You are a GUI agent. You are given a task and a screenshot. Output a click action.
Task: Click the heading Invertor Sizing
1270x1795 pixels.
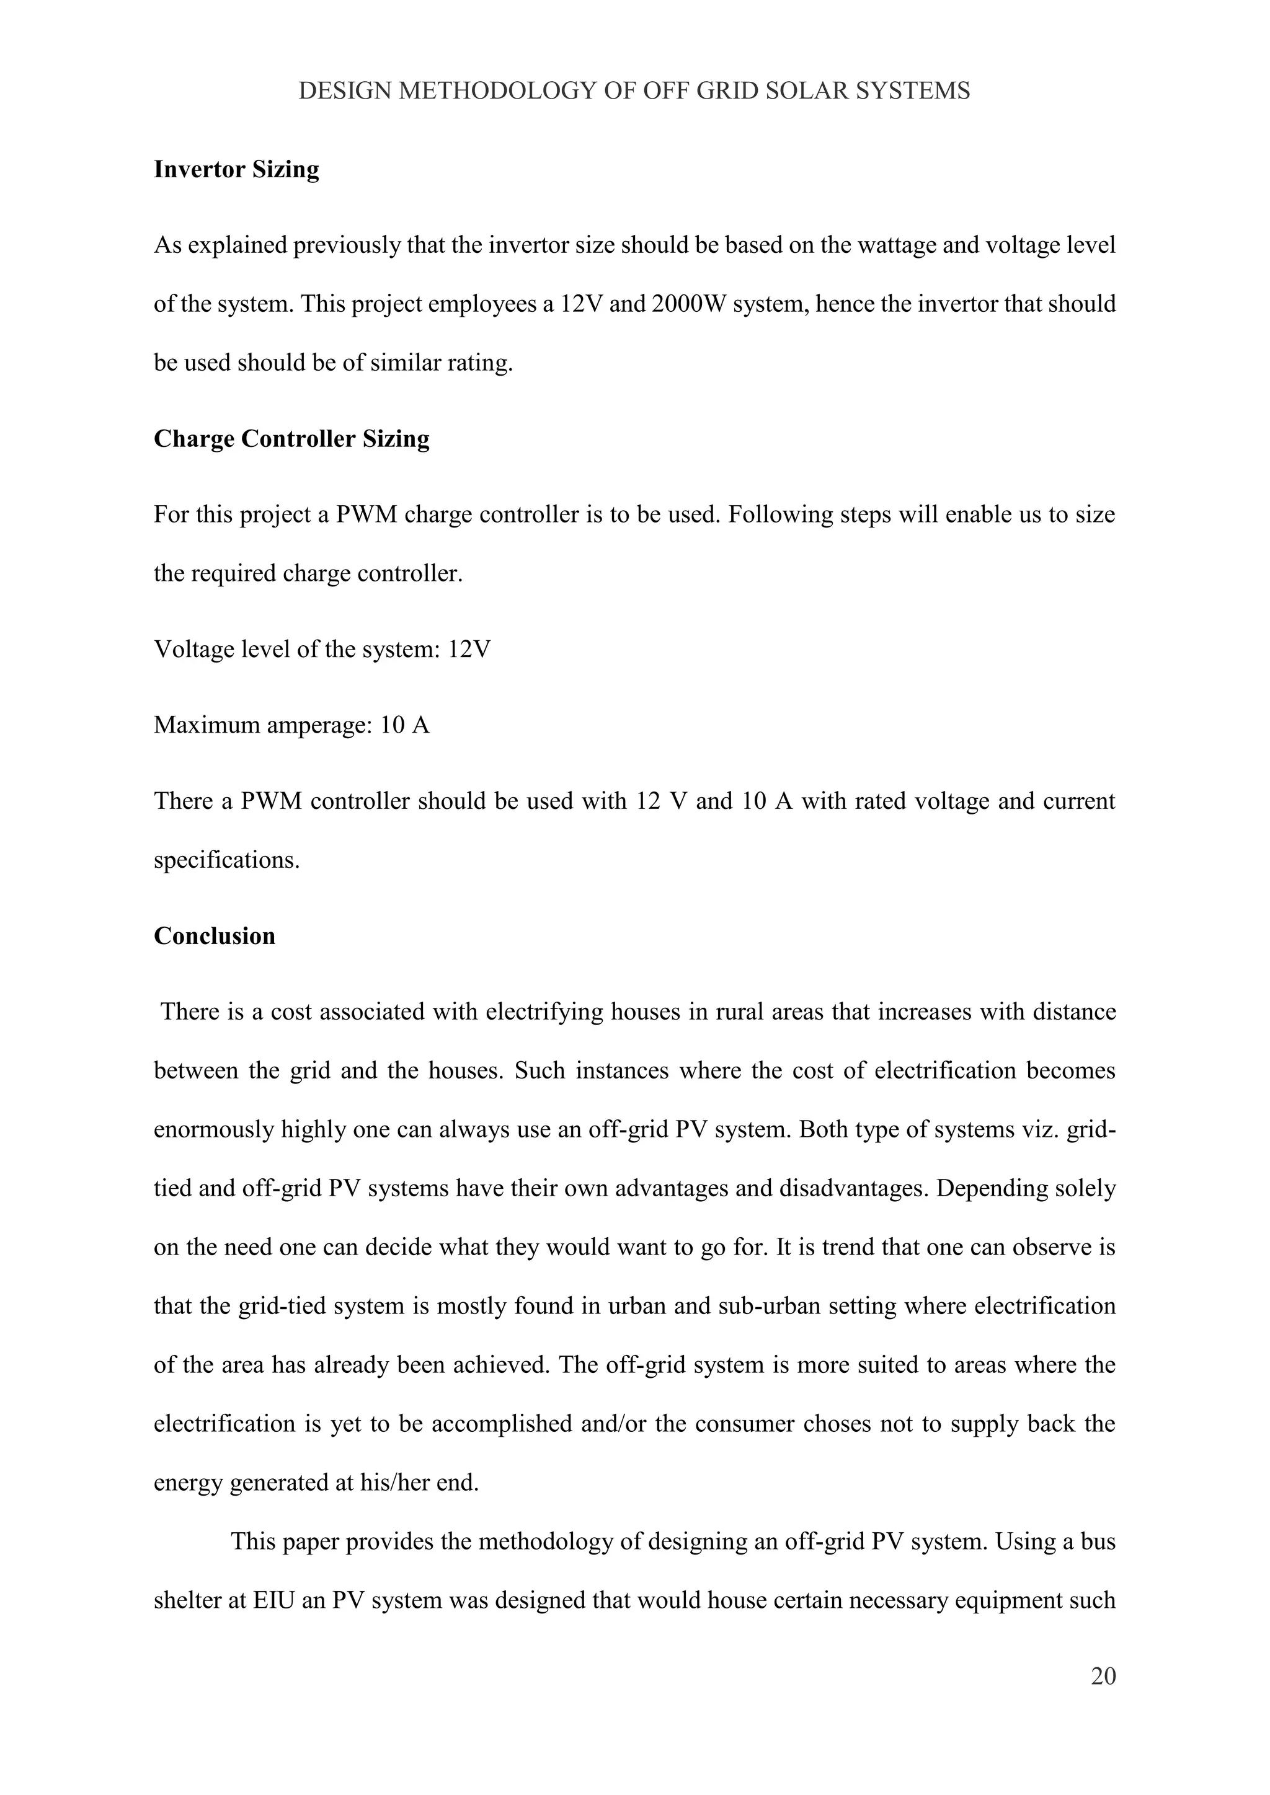pyautogui.click(x=236, y=170)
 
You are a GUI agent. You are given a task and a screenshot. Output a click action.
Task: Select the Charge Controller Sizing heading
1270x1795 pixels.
pyautogui.click(x=291, y=439)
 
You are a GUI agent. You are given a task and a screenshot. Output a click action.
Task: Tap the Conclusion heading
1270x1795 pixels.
pyautogui.click(x=215, y=937)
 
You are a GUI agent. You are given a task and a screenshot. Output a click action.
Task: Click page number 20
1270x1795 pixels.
pyautogui.click(x=1103, y=1676)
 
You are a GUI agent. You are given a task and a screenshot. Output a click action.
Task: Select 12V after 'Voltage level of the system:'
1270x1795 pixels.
pyautogui.click(x=469, y=650)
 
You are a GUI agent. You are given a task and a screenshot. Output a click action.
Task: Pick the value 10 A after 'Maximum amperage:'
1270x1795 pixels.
pyautogui.click(x=405, y=726)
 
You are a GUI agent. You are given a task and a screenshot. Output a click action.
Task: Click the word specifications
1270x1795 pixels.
pyautogui.click(x=227, y=861)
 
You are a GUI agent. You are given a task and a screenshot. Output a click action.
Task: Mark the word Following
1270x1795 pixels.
pyautogui.click(x=779, y=515)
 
